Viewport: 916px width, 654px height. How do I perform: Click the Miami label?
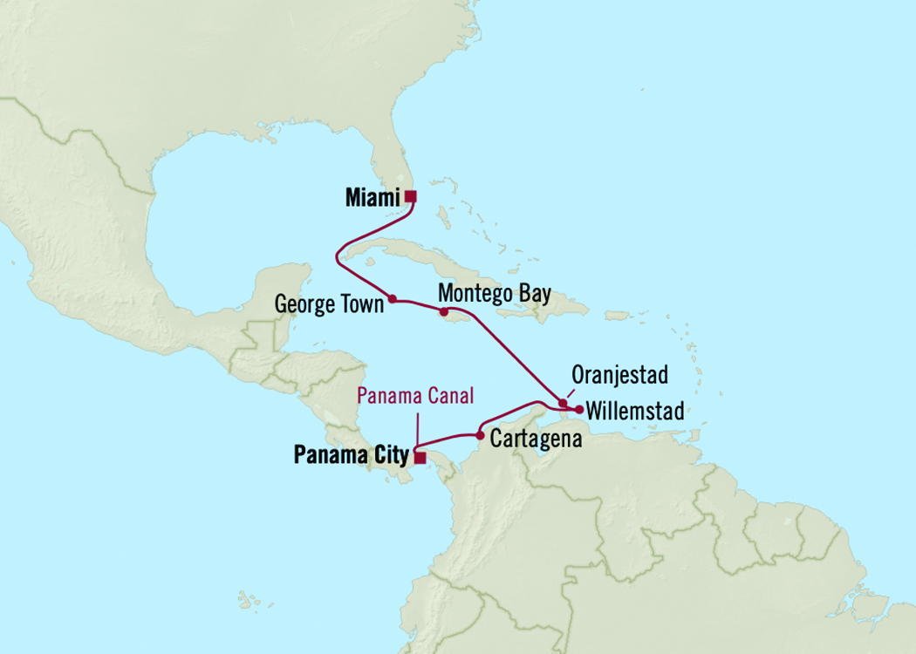coord(372,198)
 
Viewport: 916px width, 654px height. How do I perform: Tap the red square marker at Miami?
coord(410,196)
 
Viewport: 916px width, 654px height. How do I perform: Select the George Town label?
coord(329,305)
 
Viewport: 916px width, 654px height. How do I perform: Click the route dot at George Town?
coord(393,299)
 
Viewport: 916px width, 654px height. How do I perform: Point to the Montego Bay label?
coord(495,294)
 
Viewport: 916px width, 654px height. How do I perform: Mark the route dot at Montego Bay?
coord(443,311)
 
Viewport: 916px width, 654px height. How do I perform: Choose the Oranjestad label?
coord(619,375)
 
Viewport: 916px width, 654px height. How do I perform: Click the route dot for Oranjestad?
coord(562,403)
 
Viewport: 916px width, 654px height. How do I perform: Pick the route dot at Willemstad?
coord(579,409)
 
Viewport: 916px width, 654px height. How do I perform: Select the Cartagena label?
coord(536,439)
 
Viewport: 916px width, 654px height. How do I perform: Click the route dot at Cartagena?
coord(480,434)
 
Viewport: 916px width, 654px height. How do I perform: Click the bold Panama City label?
coord(351,454)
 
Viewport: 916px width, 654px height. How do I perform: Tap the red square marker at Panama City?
coord(420,457)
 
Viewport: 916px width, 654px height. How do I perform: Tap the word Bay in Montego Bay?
coord(534,294)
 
